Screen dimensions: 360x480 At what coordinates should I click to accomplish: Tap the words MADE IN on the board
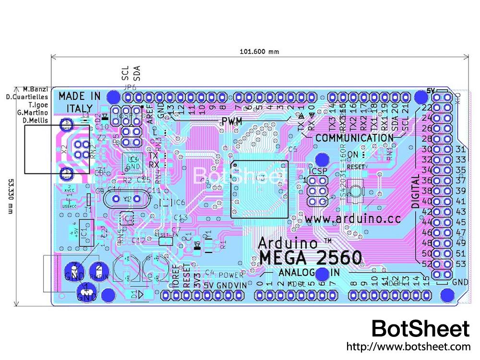[80, 96]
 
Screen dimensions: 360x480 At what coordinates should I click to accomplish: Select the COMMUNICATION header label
[354, 138]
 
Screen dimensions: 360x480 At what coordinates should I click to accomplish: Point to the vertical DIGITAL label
[416, 191]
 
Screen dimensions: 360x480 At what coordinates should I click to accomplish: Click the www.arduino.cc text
[352, 219]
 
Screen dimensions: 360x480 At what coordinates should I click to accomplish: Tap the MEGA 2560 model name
[311, 258]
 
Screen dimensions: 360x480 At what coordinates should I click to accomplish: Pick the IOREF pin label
[176, 277]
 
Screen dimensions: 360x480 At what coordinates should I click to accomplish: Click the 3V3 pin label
[197, 279]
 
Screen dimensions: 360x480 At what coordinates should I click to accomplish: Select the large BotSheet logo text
[420, 329]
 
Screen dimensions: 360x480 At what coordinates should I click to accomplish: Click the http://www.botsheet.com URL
[408, 346]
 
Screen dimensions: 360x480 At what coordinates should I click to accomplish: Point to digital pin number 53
[461, 264]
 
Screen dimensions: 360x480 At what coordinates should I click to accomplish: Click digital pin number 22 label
[427, 108]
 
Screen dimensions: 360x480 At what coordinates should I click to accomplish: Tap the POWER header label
[231, 275]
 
